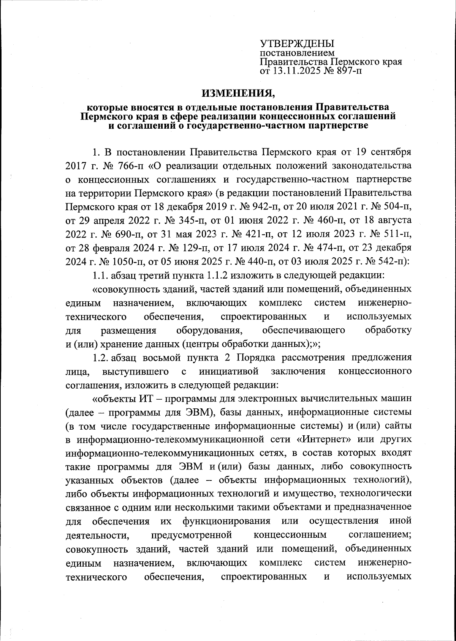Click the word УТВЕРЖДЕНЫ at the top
click(296, 43)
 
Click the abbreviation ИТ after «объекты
click(143, 398)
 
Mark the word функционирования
click(226, 522)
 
